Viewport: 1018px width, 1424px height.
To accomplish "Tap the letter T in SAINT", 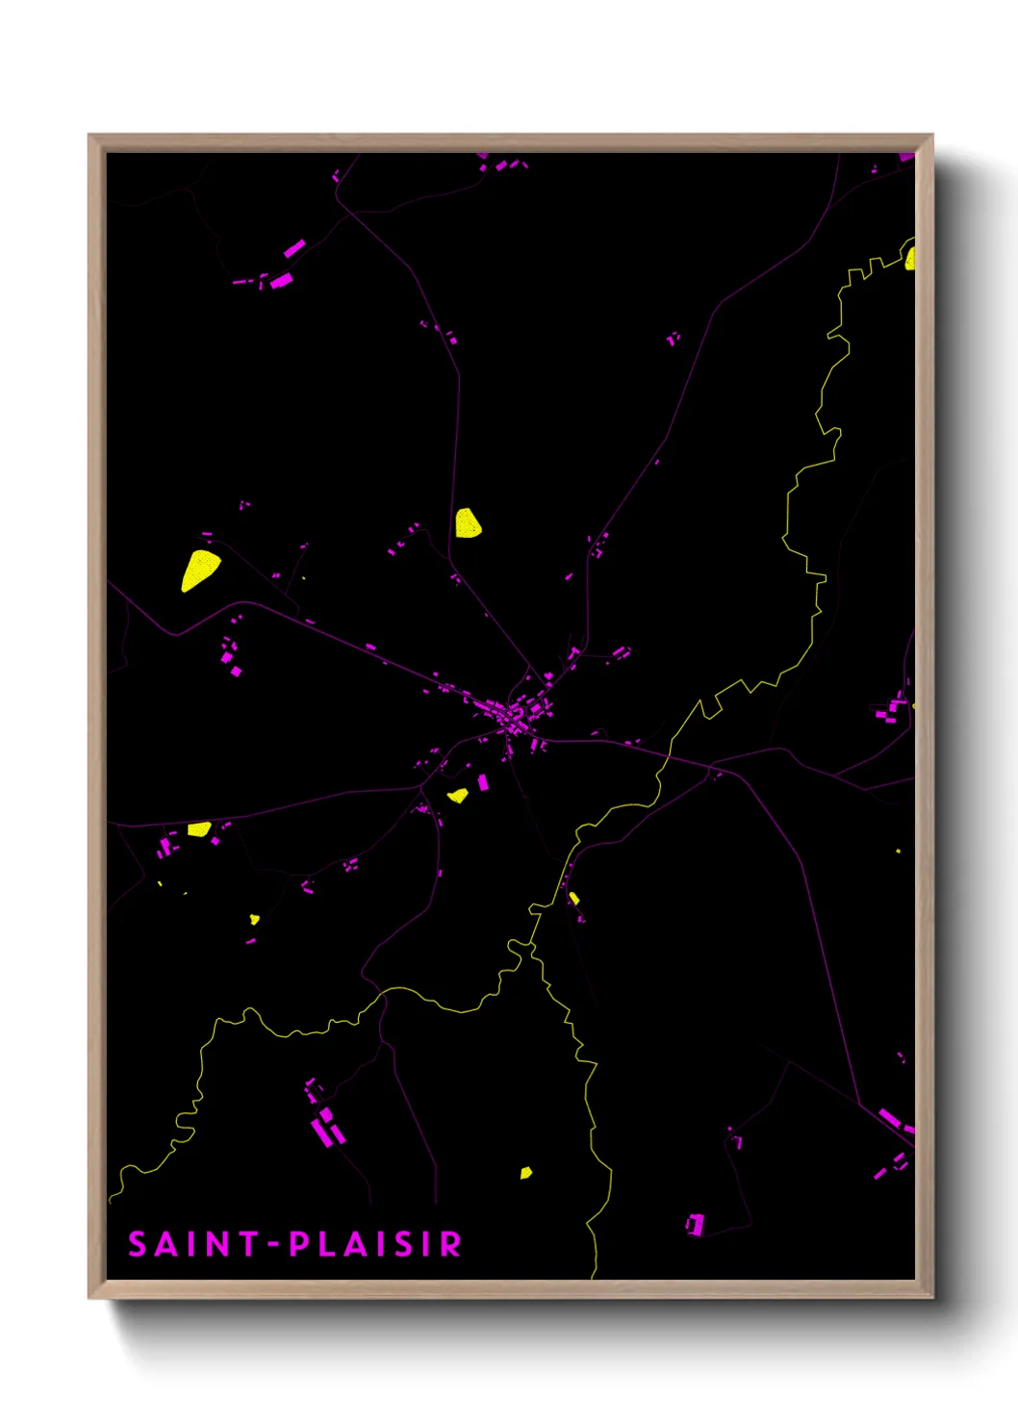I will click(248, 1244).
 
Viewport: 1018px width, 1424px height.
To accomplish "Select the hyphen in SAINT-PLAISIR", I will click(273, 1244).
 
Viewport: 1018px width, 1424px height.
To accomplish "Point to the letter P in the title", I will click(298, 1244).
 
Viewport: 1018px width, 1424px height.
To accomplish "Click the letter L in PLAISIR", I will click(326, 1244).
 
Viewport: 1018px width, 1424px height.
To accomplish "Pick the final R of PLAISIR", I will click(450, 1244).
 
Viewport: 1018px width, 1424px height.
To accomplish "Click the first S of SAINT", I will click(138, 1244).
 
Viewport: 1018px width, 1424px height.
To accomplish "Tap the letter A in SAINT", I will click(166, 1244).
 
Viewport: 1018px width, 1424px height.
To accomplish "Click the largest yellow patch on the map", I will click(199, 570).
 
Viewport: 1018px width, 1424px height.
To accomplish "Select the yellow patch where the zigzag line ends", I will click(909, 258).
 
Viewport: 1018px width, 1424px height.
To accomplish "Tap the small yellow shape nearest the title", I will click(525, 1173).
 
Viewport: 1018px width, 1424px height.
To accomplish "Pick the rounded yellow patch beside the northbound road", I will click(468, 523).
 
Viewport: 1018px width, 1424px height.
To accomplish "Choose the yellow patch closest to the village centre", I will click(458, 796).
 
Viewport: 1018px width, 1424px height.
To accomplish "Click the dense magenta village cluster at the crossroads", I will click(515, 716).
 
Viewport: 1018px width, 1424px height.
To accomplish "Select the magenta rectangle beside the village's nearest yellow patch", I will click(484, 782).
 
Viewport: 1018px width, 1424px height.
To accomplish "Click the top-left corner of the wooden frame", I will click(89, 136).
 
